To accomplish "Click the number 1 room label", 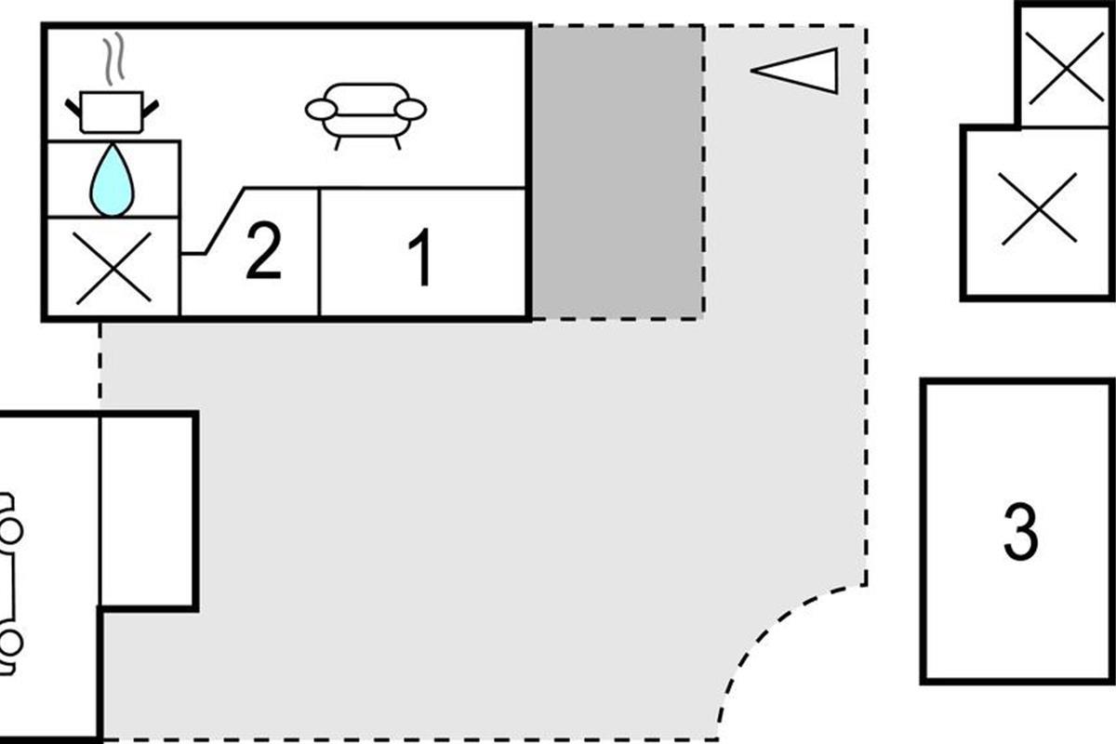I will coord(421,258).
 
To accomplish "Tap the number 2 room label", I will coord(263,253).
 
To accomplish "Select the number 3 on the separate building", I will coord(1020,532).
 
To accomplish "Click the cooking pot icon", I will coord(112,112).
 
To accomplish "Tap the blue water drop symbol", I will coord(112,180).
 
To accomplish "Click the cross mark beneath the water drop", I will coord(113,268).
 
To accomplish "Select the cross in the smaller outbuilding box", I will coord(1065,67).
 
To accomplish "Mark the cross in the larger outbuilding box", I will coord(1038,209).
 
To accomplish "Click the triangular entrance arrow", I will coord(798,71).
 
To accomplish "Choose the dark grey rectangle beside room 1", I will coord(617,172).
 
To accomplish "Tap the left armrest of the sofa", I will coord(321,110).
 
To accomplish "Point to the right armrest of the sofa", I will coord(410,110).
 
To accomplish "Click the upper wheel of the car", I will coord(9,531).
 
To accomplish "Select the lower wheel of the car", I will coord(9,643).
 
